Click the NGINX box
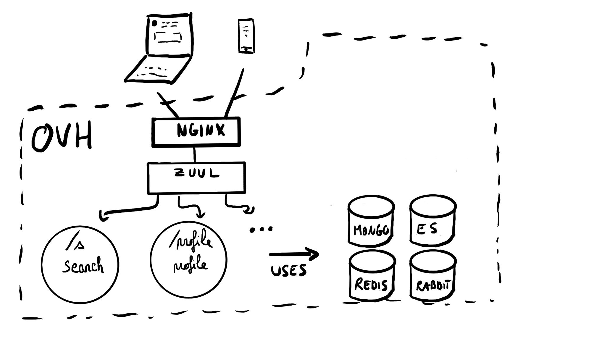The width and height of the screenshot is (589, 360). click(196, 132)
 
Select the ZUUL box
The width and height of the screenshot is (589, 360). click(196, 178)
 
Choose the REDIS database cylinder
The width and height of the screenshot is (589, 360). click(372, 276)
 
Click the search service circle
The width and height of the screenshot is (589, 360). click(80, 264)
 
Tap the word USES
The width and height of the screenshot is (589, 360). click(288, 270)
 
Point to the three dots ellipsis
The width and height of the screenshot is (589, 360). click(261, 229)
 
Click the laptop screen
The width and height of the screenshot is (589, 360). click(170, 35)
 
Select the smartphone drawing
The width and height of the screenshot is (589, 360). click(246, 36)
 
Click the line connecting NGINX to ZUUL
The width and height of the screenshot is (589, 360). click(194, 154)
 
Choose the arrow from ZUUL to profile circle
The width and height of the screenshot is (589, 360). click(189, 206)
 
